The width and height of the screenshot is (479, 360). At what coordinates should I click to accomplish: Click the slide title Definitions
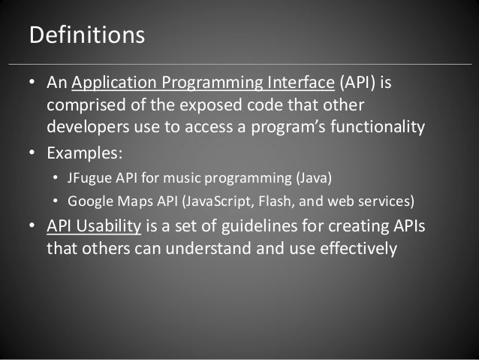point(86,35)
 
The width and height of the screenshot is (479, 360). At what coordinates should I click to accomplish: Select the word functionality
point(375,124)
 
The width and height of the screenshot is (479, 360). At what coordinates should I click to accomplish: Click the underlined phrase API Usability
point(94,226)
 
